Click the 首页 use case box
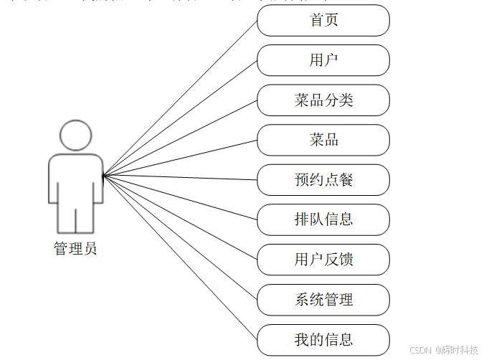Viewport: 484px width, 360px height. click(323, 21)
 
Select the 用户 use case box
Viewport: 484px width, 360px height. click(323, 60)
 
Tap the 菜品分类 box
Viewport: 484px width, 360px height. click(323, 100)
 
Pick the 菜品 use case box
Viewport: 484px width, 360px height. click(323, 140)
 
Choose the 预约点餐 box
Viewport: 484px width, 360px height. click(323, 180)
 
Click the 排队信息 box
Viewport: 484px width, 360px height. click(323, 219)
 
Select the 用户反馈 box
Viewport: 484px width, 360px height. click(323, 260)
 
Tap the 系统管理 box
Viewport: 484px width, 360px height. click(323, 300)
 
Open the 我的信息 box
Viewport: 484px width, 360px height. click(323, 339)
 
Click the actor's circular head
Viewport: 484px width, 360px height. click(76, 136)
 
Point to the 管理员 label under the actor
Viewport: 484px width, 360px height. click(75, 250)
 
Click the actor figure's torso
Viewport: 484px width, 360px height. click(76, 179)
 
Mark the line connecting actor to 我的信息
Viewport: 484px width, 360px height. click(180, 256)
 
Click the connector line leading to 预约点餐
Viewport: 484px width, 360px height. click(180, 177)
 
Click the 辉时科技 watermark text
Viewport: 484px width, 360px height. click(459, 350)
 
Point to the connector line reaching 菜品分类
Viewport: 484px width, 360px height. click(180, 137)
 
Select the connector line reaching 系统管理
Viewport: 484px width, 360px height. click(180, 237)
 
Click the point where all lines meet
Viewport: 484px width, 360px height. click(103, 175)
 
